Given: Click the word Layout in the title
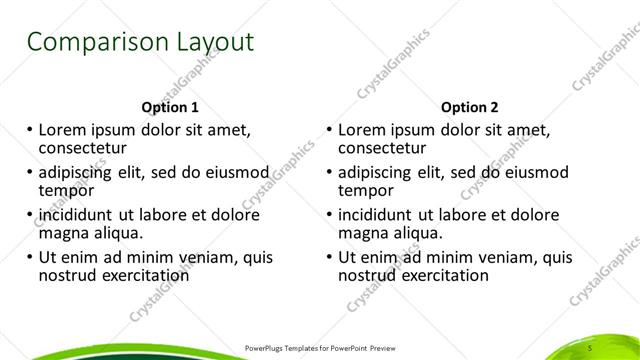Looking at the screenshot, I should tap(209, 43).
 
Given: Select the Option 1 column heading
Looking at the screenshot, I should tap(172, 106).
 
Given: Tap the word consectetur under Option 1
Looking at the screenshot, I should tap(85, 148).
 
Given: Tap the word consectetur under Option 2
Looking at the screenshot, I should tap(384, 148).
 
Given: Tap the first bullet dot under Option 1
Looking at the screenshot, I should tap(30, 130).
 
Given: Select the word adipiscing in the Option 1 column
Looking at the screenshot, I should tap(81, 172).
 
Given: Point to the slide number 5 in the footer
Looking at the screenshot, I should tap(591, 347).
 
